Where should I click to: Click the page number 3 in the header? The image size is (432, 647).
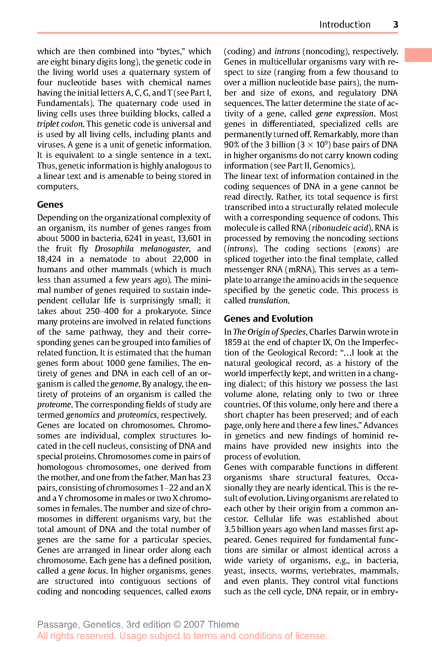pos(395,24)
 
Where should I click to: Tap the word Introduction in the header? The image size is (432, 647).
pos(345,24)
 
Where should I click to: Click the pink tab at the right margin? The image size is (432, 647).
pos(418,55)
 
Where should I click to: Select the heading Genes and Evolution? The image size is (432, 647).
pos(268,318)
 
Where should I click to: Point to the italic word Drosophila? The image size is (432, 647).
pos(114,249)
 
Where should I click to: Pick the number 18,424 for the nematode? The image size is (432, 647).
pos(49,259)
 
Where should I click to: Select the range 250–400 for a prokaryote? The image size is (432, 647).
pos(102,311)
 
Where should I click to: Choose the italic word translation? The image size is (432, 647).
pos(268,300)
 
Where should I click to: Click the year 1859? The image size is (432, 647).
pos(232,342)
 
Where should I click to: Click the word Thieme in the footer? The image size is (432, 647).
pos(223,624)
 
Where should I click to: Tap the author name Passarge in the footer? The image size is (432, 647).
pos(58,625)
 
